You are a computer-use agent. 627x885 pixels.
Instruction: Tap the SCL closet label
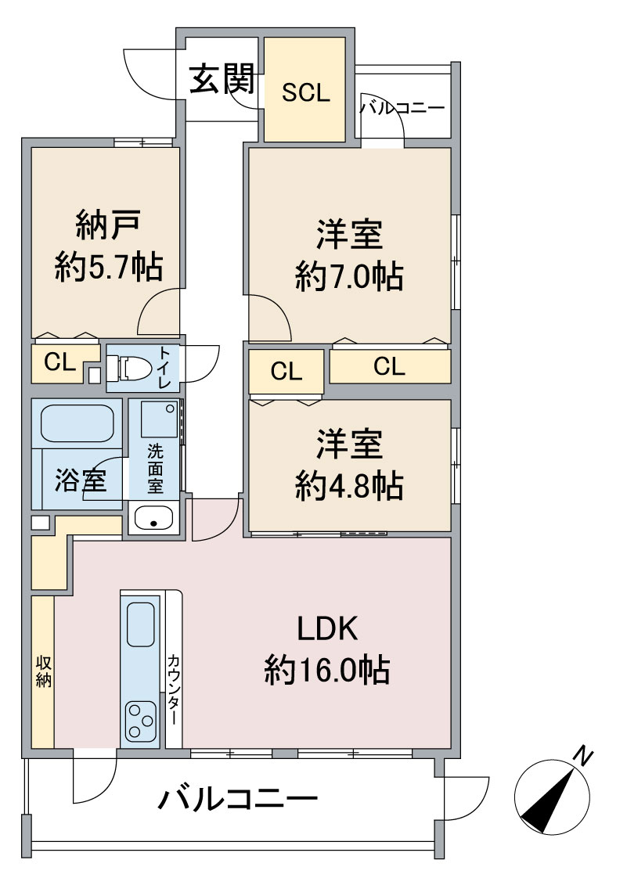click(305, 92)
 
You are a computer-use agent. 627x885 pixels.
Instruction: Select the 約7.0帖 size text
click(349, 276)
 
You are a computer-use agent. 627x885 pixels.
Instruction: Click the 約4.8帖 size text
click(349, 485)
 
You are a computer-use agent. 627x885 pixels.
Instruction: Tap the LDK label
click(328, 629)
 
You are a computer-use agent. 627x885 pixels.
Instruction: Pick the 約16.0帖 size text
click(327, 669)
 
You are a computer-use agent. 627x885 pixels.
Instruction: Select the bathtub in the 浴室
click(77, 423)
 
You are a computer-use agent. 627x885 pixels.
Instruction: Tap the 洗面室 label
click(155, 469)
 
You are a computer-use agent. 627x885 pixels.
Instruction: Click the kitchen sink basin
click(141, 624)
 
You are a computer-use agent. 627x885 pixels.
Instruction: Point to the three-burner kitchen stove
click(141, 721)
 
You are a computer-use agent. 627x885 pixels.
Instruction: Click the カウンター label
click(174, 689)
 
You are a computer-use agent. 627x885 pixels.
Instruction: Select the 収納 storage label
click(44, 671)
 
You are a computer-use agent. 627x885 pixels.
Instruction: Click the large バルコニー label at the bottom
click(238, 799)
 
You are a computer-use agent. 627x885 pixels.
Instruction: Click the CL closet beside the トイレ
click(59, 362)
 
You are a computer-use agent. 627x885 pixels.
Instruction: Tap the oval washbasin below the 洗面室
click(154, 517)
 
